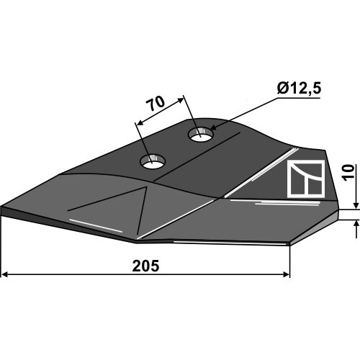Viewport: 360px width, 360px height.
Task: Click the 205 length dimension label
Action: (145, 266)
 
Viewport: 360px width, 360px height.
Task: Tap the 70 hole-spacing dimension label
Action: (156, 104)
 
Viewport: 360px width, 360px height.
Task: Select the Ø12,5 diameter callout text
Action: (299, 88)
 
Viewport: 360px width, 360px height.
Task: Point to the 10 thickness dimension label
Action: (348, 173)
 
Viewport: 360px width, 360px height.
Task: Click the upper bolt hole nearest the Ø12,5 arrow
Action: (201, 135)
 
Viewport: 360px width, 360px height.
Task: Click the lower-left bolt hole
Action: (153, 162)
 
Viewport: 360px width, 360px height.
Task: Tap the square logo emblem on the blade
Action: (306, 179)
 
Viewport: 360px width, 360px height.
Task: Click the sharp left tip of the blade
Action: (1, 207)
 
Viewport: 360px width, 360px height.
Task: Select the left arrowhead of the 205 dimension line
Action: (5, 274)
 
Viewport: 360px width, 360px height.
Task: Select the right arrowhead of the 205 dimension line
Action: (286, 274)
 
